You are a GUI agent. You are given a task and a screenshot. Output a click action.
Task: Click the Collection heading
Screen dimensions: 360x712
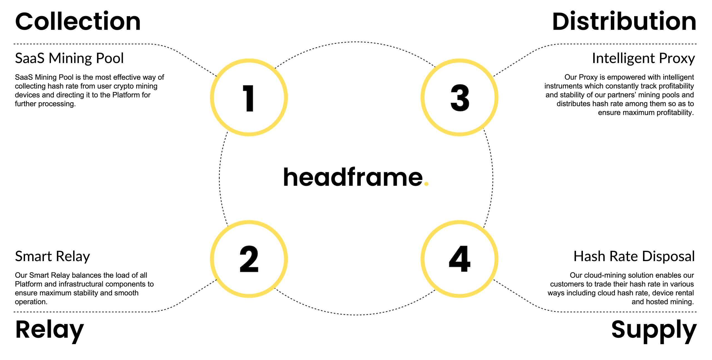(x=78, y=22)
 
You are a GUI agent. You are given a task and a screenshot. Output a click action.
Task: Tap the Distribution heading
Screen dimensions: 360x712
(x=624, y=22)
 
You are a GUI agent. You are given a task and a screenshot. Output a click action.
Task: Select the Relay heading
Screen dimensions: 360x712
(x=50, y=330)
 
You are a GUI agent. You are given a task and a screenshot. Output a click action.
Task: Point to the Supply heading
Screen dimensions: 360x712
(x=654, y=330)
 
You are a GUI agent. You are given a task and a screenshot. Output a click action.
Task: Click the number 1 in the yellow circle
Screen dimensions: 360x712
(x=248, y=98)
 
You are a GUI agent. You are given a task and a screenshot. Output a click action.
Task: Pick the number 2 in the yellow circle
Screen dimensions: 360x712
(x=249, y=259)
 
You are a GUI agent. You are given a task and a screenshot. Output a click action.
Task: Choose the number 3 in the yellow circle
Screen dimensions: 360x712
(x=460, y=98)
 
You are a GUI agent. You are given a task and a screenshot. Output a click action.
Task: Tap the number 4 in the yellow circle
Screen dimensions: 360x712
(x=460, y=259)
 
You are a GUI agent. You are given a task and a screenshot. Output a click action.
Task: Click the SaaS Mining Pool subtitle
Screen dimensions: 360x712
(x=69, y=58)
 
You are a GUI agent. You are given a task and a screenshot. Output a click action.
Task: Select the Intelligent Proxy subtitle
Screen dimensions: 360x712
(x=643, y=58)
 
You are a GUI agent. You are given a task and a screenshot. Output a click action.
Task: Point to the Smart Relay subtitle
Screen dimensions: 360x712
(x=52, y=256)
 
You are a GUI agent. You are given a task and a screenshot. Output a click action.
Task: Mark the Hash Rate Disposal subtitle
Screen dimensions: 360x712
(x=634, y=256)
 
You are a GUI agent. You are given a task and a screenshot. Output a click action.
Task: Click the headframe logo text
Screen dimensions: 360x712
(x=353, y=177)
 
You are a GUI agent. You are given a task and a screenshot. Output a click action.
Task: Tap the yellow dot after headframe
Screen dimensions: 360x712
(x=427, y=183)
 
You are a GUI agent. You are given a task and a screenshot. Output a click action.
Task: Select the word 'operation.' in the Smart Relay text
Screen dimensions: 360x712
(x=31, y=302)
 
